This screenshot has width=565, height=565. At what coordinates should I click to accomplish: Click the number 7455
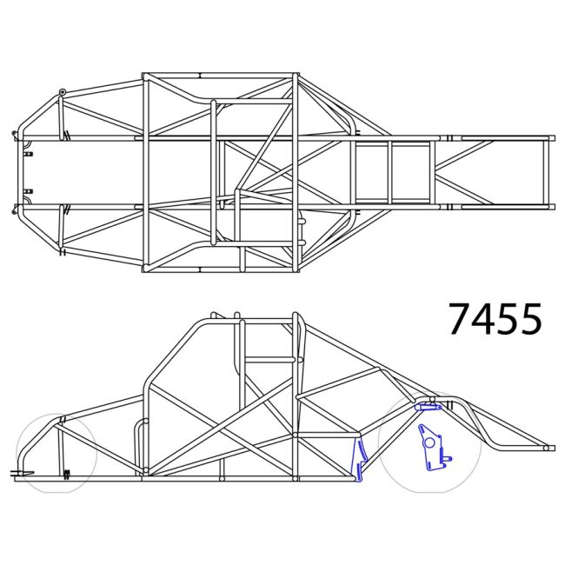[495, 319]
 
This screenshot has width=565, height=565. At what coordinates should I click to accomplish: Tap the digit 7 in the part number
[461, 319]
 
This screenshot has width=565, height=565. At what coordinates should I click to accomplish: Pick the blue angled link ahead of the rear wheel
[361, 458]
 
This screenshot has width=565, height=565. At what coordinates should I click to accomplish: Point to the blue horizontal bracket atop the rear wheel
[429, 406]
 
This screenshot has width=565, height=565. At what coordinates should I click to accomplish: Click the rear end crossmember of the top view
[548, 172]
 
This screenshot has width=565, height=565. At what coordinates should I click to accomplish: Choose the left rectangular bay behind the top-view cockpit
[372, 172]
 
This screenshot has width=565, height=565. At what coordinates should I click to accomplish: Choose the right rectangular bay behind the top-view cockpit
[411, 172]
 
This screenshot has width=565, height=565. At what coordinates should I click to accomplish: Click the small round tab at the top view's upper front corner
[62, 91]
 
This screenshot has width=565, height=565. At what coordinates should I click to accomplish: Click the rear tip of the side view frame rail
[549, 448]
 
